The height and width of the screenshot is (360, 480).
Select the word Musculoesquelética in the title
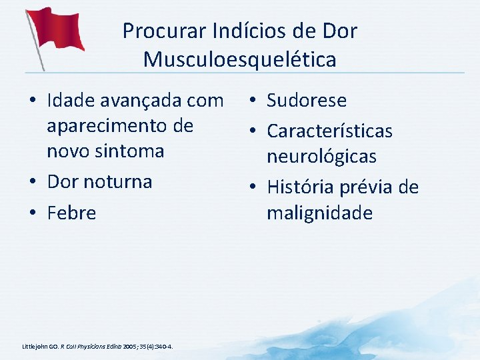pos(239,60)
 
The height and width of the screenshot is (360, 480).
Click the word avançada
pos(143,101)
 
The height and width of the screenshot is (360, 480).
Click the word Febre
pos(71,213)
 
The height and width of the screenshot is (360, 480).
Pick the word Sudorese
pos(307,101)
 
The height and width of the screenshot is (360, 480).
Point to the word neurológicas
pos(321,157)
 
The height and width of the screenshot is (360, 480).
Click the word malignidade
pos(319,213)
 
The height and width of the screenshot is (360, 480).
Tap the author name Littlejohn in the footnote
pos(35,347)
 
